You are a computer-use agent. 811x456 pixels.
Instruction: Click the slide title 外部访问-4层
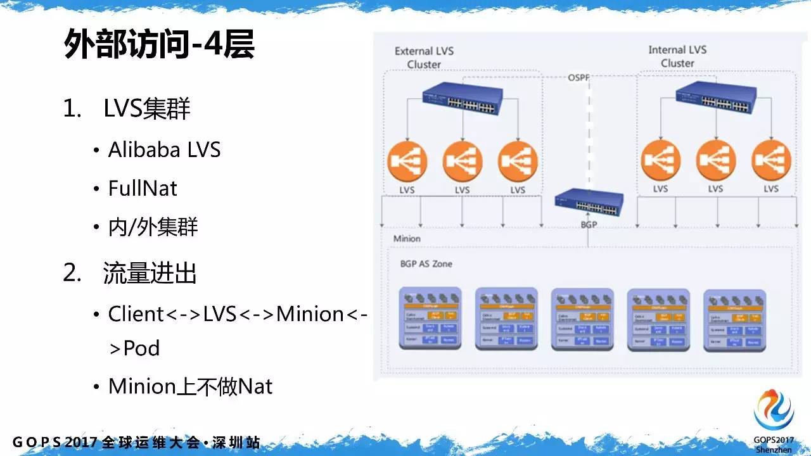[159, 46]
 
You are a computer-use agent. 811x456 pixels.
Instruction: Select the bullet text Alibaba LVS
[164, 149]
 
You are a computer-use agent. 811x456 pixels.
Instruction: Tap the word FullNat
[143, 188]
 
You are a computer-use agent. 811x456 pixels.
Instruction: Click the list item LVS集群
[146, 109]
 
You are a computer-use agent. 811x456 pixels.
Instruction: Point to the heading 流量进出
[150, 273]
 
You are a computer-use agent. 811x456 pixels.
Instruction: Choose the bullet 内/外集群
[153, 227]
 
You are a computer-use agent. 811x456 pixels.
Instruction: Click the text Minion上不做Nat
[190, 386]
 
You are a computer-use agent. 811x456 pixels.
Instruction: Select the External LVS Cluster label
[424, 57]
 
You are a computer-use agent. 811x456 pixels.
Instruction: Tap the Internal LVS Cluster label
[677, 56]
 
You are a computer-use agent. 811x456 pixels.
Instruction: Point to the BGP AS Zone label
[426, 263]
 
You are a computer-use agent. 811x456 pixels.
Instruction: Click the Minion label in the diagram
[407, 239]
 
